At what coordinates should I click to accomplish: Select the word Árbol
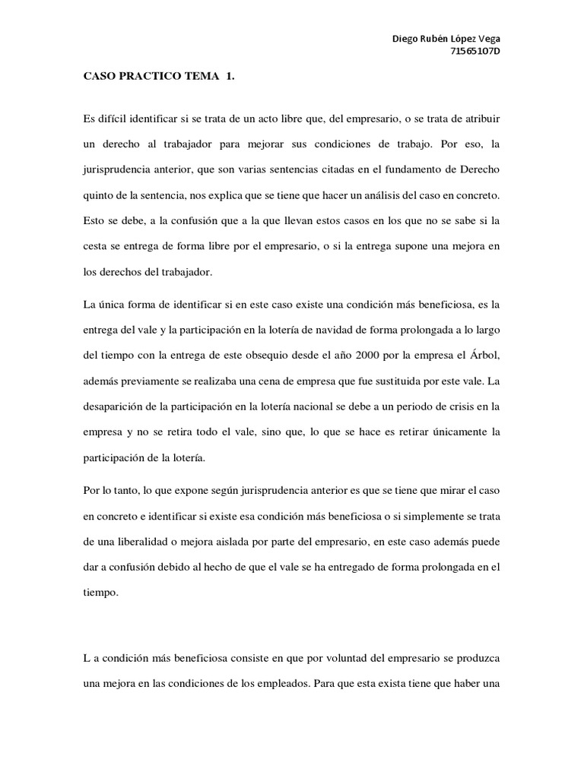(483, 355)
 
